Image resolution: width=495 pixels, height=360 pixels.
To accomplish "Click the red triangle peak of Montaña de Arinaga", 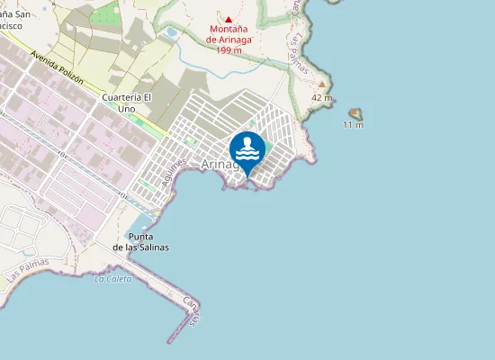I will pos(228,20).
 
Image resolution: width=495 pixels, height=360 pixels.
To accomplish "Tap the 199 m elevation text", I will pos(229,49).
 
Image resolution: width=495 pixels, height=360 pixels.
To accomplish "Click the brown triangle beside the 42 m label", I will pos(320,84).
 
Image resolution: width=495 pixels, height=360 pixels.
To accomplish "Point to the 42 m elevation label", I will pos(322,97).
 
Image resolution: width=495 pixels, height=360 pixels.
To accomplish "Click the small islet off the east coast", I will pos(355,113).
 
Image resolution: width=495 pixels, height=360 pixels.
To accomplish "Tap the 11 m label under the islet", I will pos(354,125).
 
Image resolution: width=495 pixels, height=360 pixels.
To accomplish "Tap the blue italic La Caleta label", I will pos(112,279).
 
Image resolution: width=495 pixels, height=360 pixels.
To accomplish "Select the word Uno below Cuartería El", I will pos(126,108).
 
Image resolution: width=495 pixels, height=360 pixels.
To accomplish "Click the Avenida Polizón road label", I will pos(57,67).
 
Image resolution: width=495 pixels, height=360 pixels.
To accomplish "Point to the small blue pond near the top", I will pos(169,32).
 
